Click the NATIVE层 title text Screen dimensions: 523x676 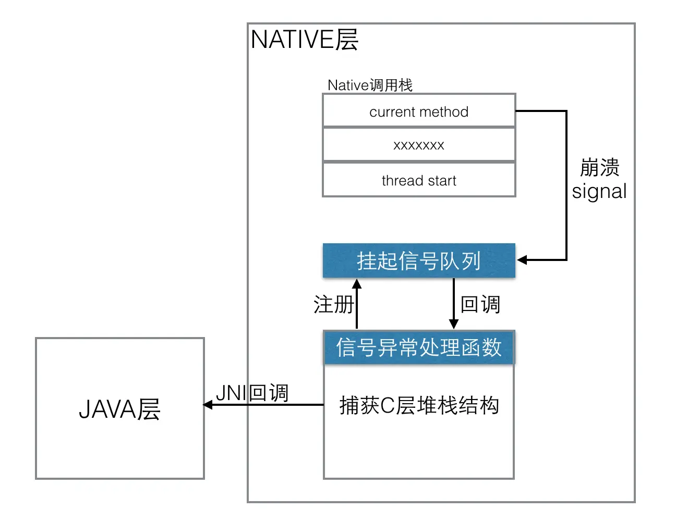[304, 40]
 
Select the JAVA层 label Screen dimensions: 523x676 [119, 409]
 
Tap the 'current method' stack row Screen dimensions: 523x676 [419, 111]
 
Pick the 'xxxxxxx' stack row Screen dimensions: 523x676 [419, 145]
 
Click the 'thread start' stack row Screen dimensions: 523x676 [419, 180]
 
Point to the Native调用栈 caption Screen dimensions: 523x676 [370, 85]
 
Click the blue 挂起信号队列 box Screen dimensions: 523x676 [419, 260]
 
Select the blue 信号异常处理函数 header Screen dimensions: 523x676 [419, 347]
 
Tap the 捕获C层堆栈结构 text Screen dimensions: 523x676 [419, 405]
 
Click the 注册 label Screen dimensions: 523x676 [333, 304]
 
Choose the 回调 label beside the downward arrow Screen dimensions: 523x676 [480, 304]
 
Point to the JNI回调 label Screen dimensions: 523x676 [252, 393]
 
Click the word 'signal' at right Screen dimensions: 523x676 [599, 191]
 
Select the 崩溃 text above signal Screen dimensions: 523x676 [599, 168]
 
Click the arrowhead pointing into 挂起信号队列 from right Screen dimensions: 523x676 [522, 259]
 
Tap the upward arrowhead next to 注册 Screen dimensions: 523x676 [357, 284]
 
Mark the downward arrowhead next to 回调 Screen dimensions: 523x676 [453, 324]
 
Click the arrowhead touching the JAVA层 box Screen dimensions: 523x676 [208, 405]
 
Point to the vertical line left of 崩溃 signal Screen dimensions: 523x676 [566, 185]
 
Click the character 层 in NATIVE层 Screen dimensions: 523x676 [347, 40]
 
